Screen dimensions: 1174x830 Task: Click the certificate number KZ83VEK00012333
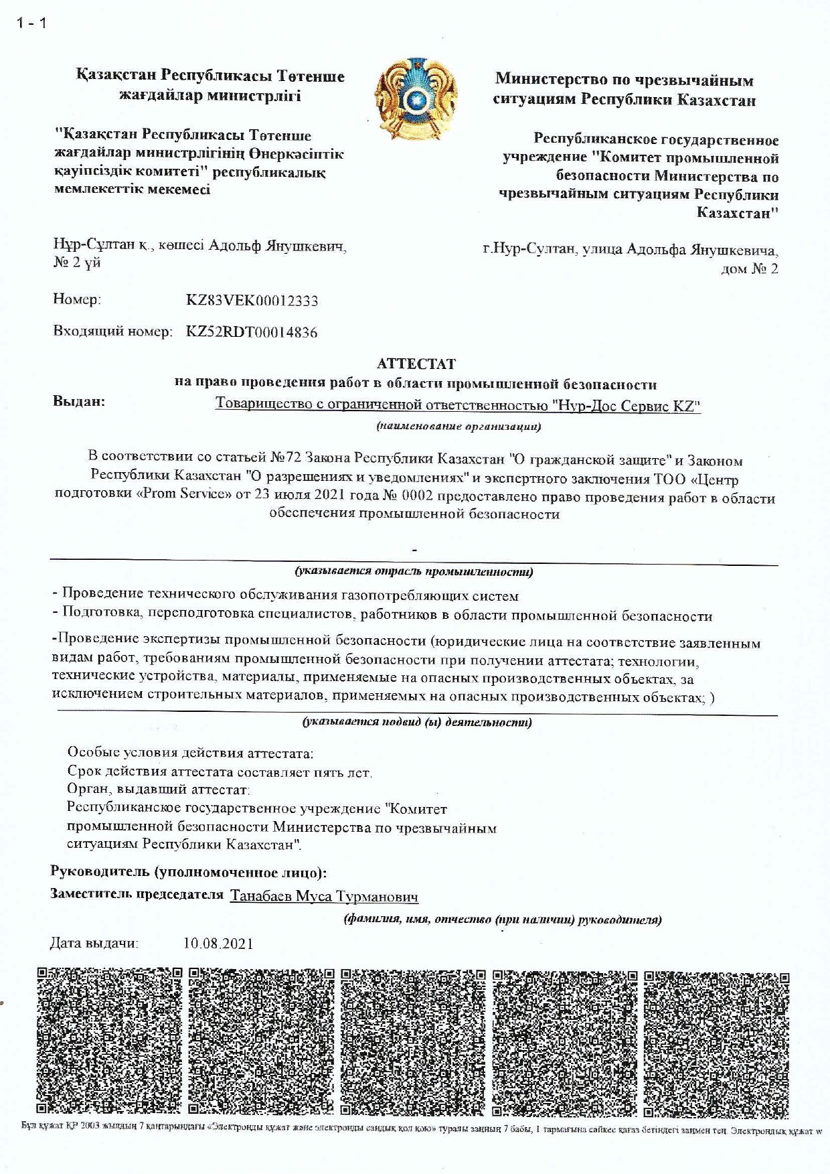click(x=252, y=301)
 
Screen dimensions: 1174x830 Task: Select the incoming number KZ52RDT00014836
click(x=252, y=332)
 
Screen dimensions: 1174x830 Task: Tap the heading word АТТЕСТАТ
click(x=416, y=364)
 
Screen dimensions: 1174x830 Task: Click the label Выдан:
click(x=79, y=402)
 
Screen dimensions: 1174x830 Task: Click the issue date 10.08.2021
click(x=218, y=944)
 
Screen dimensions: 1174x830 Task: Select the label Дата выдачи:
click(x=94, y=944)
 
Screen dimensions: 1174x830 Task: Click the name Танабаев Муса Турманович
click(x=324, y=896)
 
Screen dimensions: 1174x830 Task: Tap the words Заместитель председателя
click(x=137, y=895)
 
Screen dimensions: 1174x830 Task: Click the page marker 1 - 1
click(x=31, y=23)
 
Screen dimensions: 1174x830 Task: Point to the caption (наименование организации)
click(x=459, y=426)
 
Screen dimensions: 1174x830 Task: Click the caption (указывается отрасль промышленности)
click(x=414, y=572)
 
